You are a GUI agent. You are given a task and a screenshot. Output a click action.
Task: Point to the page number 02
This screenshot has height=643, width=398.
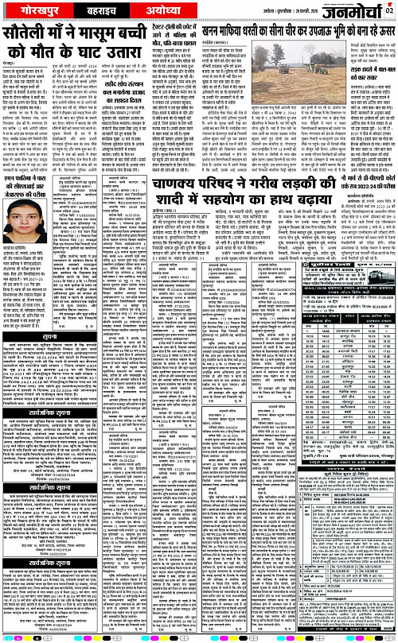coord(389,10)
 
